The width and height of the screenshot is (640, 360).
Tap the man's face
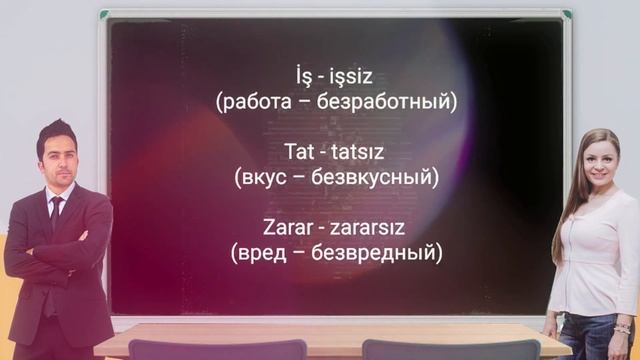pos(56,158)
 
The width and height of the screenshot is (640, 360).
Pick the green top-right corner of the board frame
pos(566,14)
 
